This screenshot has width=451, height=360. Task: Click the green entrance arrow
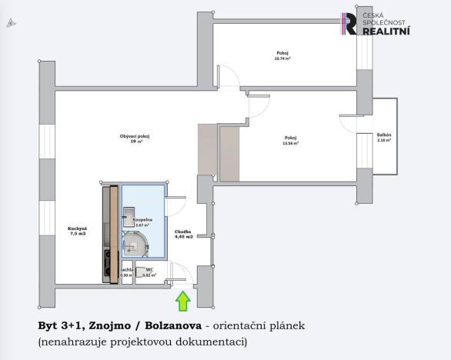[183, 301]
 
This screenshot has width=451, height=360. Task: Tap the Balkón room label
[383, 138]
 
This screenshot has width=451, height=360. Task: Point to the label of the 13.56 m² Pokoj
[290, 140]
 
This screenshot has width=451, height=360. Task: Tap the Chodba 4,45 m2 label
[182, 233]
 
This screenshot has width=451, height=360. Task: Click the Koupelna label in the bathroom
[143, 222]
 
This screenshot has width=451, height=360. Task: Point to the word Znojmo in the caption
[108, 325]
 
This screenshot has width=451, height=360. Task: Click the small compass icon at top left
[11, 24]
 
